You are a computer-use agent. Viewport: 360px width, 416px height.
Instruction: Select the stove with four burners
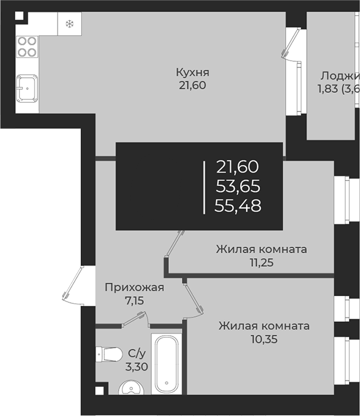[x=28, y=46]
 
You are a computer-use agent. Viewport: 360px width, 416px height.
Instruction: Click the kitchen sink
[x=26, y=89]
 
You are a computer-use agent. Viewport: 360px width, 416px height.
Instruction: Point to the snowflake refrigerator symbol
[x=69, y=24]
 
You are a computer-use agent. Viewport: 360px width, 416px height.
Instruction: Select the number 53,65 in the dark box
[x=238, y=186]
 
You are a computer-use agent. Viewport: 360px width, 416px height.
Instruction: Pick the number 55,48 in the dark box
[x=238, y=206]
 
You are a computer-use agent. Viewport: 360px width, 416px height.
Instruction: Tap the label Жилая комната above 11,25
[x=261, y=250]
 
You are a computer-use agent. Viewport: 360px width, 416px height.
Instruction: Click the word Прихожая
[x=134, y=287]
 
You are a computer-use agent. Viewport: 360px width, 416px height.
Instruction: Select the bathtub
[x=167, y=365]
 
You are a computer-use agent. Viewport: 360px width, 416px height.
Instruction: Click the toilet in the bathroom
[x=110, y=354]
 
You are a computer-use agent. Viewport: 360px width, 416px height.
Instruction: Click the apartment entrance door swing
[x=75, y=286]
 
